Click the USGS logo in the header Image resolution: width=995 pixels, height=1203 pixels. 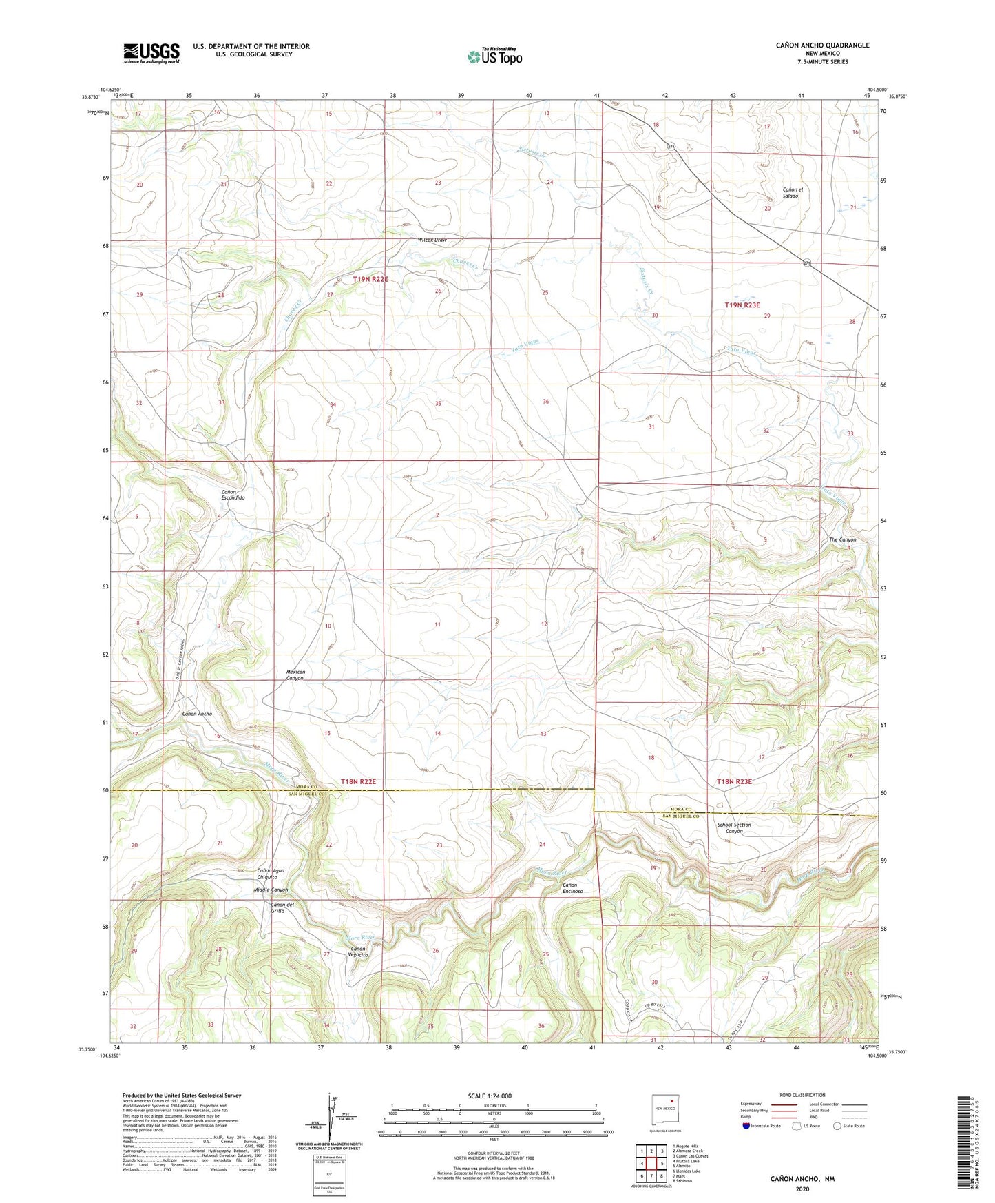(151, 53)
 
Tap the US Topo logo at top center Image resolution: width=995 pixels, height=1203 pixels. (494, 56)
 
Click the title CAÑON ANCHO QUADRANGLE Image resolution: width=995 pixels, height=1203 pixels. (822, 45)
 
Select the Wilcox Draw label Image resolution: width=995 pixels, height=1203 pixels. (432, 240)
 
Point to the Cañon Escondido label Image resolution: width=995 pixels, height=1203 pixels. (233, 494)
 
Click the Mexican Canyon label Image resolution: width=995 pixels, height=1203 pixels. (295, 675)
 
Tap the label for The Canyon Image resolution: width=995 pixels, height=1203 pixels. (842, 539)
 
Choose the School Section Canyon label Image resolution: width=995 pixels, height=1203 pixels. (734, 827)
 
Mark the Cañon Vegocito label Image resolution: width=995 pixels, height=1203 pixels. (359, 952)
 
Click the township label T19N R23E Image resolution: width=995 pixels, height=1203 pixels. (742, 305)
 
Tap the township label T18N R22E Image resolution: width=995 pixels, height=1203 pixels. (358, 781)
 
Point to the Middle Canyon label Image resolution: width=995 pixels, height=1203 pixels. (270, 890)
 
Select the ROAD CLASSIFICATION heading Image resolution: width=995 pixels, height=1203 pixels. (802, 1095)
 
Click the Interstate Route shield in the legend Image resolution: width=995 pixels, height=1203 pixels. (746, 1126)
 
